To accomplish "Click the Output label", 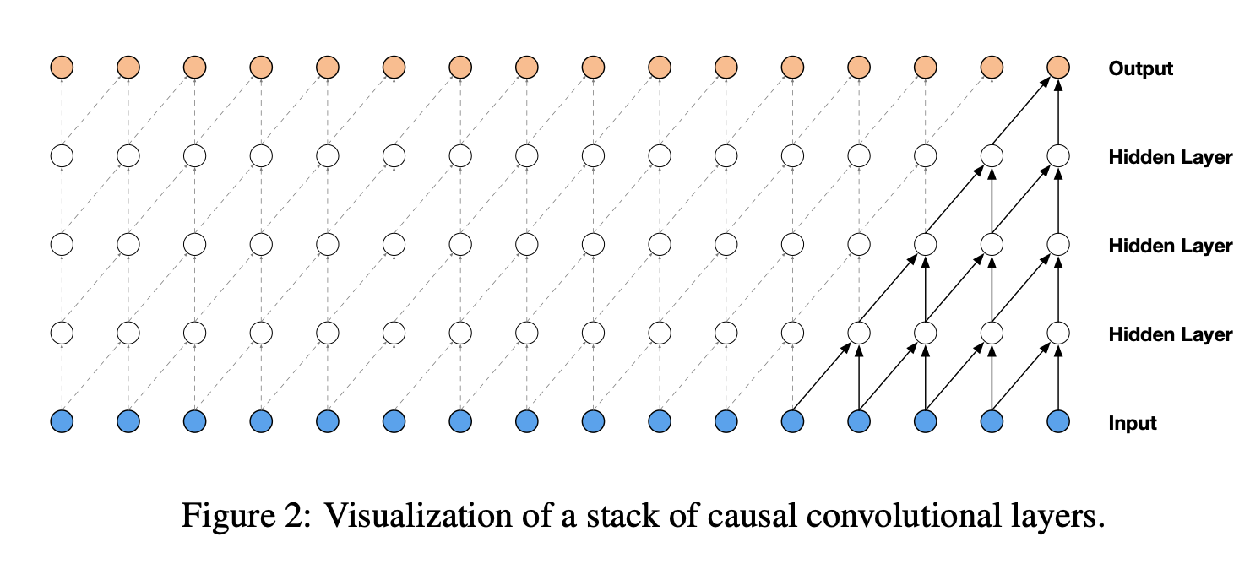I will pos(1140,68).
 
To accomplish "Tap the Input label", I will pos(1132,423).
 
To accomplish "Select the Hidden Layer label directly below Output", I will pos(1170,157).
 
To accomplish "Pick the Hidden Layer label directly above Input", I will pos(1170,334).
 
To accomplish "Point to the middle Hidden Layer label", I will pos(1170,246).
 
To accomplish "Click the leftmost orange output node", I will pos(62,66).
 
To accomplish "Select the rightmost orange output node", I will pos(1058,66).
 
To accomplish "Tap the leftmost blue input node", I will pos(62,420).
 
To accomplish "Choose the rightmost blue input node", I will pos(1058,420).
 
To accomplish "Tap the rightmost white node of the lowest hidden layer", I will pos(1058,332).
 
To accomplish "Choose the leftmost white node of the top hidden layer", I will pos(62,156).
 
